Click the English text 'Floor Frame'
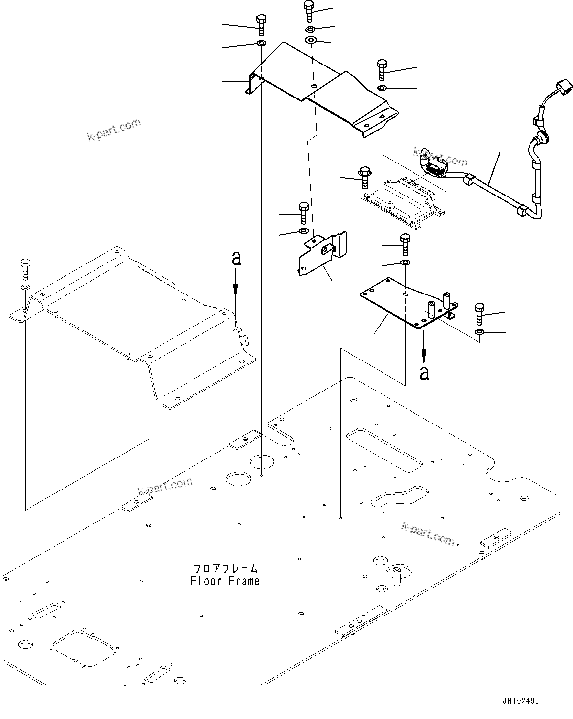coord(225,581)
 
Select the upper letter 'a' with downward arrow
coord(236,259)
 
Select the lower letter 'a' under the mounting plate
coord(424,373)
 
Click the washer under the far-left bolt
coord(24,287)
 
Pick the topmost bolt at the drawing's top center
coord(308,10)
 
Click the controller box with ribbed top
coord(402,202)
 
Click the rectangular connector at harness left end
coord(433,168)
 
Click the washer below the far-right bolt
coord(479,333)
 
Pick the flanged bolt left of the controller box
coord(365,177)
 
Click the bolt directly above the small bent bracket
coord(303,212)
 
